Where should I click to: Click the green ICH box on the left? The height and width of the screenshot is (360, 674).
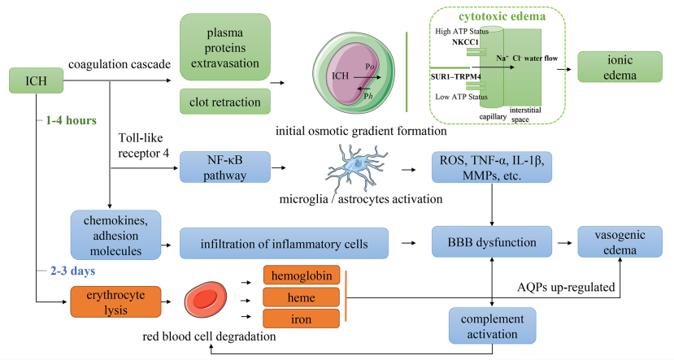coord(36,80)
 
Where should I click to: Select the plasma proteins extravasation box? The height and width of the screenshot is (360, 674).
coord(225,47)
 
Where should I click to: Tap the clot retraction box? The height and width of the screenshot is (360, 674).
coord(225,102)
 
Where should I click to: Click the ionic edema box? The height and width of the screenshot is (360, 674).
coord(620,67)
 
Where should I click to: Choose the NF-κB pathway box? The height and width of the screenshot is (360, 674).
coord(225,167)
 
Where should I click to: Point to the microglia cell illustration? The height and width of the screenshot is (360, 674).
coord(356,167)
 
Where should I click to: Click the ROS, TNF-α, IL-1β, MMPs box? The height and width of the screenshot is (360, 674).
coord(492,167)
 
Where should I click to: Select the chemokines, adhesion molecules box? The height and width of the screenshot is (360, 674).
coord(115,235)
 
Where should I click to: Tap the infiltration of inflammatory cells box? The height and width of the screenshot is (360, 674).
coord(284,243)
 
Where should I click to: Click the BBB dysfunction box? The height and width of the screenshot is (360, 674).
coord(492,242)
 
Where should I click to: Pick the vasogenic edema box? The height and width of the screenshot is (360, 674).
coord(620,242)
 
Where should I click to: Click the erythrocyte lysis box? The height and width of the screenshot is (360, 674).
coord(115,302)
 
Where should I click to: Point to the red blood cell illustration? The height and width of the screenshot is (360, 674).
coord(206,299)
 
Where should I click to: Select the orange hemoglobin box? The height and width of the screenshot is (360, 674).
coord(302,275)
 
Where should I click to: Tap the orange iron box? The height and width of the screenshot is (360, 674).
coord(302,319)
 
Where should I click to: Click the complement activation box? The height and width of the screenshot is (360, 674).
coord(492,326)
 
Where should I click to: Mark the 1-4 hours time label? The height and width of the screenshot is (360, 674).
coord(71,120)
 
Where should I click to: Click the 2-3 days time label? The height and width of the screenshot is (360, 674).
coord(72,271)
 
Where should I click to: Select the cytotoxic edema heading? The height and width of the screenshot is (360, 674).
coord(502,16)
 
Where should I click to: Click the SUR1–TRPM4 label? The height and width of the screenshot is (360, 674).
coord(455,77)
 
